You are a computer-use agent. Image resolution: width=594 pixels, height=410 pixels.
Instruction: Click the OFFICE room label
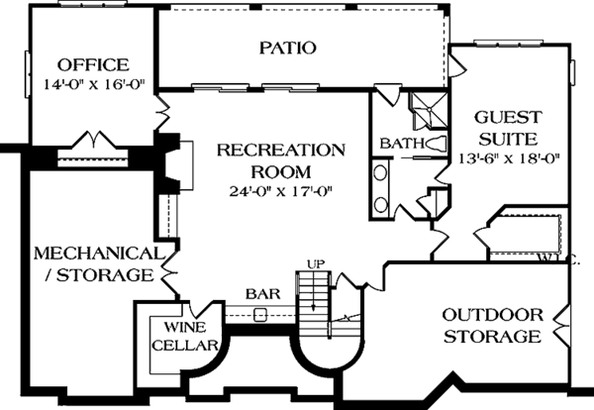[93, 65]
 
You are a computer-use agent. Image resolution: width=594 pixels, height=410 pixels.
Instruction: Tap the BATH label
[396, 145]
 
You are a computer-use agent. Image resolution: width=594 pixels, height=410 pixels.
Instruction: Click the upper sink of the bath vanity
[382, 174]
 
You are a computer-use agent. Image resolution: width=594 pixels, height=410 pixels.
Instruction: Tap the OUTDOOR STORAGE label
[492, 326]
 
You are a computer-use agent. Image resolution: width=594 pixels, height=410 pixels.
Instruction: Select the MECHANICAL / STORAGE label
[95, 263]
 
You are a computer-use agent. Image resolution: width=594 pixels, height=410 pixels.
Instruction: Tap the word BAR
[259, 294]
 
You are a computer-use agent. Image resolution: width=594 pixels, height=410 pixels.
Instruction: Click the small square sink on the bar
[260, 315]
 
